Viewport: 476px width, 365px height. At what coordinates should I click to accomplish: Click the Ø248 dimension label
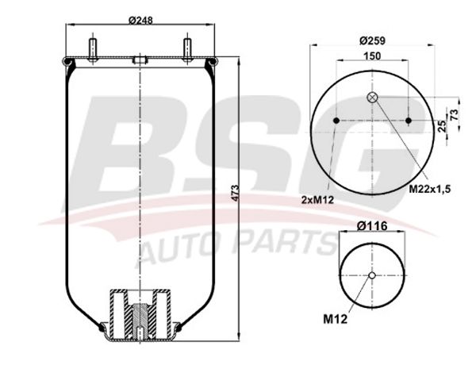(140, 21)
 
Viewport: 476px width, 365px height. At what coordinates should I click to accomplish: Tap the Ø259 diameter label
(371, 40)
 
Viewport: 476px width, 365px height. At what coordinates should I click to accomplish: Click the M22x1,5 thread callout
(429, 188)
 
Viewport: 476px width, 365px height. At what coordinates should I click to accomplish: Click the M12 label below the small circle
(336, 320)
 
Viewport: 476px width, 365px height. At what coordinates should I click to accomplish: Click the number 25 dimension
(442, 125)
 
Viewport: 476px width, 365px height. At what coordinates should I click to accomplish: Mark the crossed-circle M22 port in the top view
(372, 98)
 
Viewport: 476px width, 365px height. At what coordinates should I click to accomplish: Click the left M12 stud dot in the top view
(336, 121)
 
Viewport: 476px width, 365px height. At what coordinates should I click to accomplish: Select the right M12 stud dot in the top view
(408, 121)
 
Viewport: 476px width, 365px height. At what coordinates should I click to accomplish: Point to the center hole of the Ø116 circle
(372, 275)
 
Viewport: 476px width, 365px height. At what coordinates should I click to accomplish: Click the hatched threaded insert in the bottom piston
(140, 321)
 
